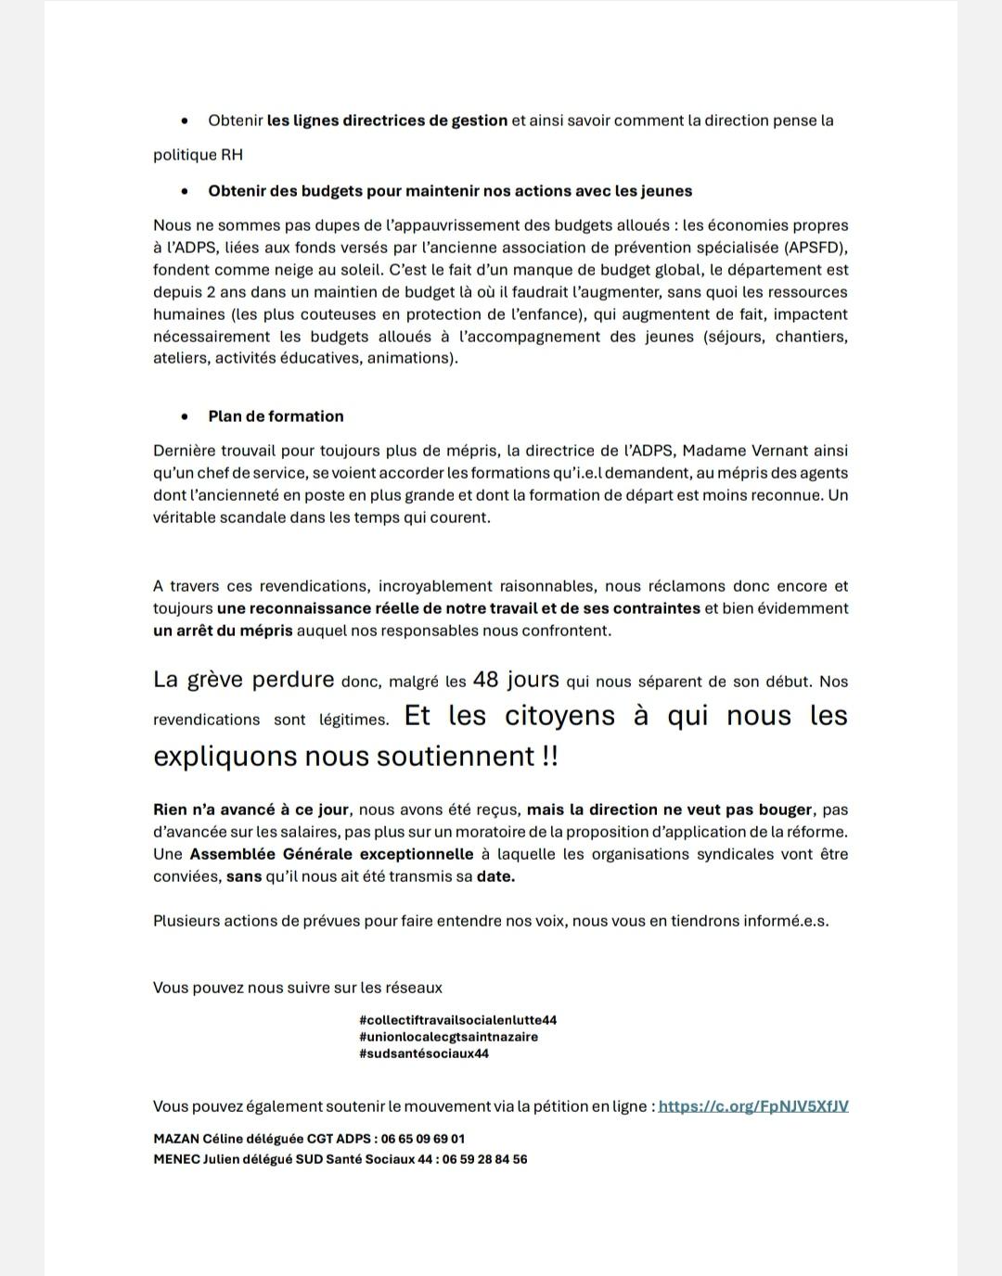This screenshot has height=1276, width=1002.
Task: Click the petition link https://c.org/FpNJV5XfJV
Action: [x=752, y=1106]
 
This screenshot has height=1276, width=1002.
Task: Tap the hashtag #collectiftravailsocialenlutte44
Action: [x=457, y=1020]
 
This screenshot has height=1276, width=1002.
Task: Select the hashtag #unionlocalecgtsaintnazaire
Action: [x=448, y=1037]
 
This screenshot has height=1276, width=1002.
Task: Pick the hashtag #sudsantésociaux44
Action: [x=423, y=1053]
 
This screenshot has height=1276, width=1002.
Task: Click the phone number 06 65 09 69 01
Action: [x=423, y=1139]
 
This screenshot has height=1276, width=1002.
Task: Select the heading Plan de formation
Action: [x=276, y=416]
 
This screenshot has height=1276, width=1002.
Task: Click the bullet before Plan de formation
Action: [x=186, y=416]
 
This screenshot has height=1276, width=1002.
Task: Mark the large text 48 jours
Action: [x=516, y=680]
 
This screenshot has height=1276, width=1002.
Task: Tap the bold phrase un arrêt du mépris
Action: [x=223, y=631]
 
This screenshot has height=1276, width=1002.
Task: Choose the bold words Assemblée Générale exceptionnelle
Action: [x=332, y=854]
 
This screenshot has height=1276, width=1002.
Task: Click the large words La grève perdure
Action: [x=243, y=680]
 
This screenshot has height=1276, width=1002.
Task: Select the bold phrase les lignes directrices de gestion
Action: [x=387, y=121]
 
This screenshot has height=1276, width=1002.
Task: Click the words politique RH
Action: [x=198, y=155]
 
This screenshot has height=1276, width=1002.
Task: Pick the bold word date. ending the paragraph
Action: [x=495, y=876]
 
